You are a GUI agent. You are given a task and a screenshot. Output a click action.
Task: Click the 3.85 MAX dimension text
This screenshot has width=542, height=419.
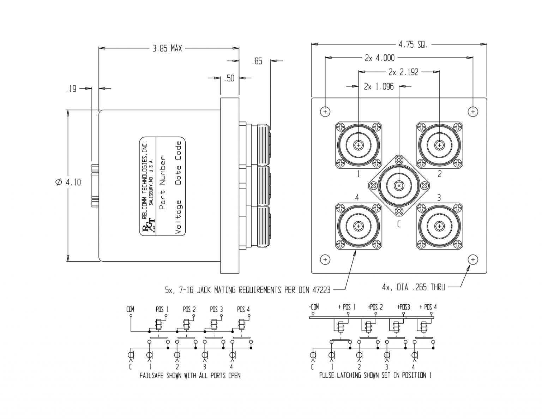[167, 48]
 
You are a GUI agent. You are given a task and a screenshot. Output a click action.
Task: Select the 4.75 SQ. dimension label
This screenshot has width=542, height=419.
[413, 44]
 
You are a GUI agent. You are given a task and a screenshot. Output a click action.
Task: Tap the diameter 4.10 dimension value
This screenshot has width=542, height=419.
[68, 182]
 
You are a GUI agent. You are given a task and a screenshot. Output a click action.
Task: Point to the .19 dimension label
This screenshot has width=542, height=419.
[71, 89]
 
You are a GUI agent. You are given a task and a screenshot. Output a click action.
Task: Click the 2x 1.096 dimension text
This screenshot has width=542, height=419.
[379, 86]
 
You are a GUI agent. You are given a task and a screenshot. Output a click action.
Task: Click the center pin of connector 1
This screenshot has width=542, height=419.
[359, 145]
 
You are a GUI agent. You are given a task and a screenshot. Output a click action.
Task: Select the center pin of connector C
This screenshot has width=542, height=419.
[399, 185]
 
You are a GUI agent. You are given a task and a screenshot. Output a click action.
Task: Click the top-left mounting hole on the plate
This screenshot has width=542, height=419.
[325, 112]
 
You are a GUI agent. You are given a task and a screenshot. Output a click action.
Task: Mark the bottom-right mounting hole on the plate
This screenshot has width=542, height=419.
[473, 259]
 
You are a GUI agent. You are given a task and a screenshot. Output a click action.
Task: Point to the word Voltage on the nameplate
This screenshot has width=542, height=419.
[179, 217]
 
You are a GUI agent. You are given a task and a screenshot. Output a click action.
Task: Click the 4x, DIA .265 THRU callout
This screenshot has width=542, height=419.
[413, 287]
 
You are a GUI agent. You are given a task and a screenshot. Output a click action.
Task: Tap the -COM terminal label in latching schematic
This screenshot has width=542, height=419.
[313, 307]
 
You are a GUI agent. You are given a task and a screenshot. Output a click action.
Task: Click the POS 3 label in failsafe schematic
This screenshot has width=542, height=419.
[216, 309]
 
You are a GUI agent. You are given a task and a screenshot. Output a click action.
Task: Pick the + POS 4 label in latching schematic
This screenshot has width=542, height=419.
[428, 307]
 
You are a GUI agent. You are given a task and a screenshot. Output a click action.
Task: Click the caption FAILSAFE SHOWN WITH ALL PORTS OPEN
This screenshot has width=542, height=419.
[190, 376]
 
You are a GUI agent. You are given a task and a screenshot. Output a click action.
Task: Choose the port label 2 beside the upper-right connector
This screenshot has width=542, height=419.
[440, 174]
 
